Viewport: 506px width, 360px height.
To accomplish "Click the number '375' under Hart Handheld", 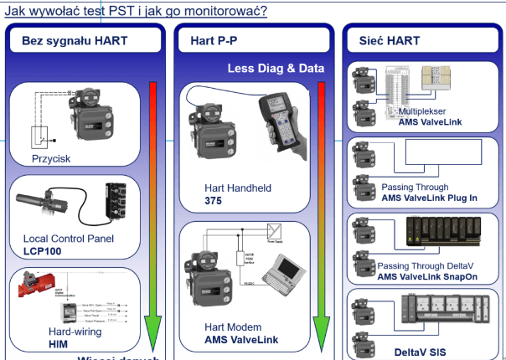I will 214,201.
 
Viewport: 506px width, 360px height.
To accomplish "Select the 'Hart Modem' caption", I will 235,327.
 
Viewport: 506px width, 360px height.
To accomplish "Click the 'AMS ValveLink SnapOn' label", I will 427,276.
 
